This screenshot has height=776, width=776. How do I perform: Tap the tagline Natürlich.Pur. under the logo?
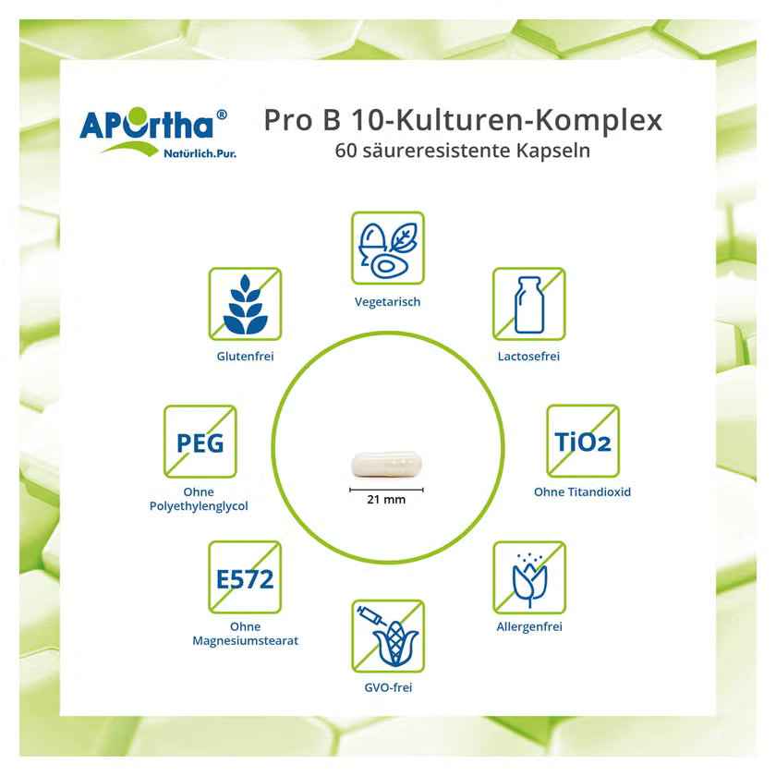(x=200, y=153)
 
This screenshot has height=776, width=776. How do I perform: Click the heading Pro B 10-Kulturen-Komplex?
(x=463, y=120)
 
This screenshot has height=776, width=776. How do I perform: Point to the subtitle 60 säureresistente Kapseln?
(x=463, y=151)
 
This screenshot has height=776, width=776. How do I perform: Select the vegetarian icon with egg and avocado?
(x=388, y=248)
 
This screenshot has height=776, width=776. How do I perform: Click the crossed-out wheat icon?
(x=245, y=304)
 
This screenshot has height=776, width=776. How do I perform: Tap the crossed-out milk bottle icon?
(x=529, y=304)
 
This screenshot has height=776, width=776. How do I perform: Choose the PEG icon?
(x=200, y=442)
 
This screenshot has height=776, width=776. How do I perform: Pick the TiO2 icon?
(x=583, y=442)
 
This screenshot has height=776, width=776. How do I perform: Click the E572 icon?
(x=245, y=577)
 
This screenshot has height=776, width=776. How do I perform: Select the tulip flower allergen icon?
(x=529, y=577)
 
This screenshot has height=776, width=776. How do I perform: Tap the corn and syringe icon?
(x=388, y=637)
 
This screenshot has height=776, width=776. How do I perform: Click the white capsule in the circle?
(x=386, y=464)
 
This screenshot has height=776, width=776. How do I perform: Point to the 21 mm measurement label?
(x=386, y=500)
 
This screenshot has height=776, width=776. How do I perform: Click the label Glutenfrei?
(x=245, y=357)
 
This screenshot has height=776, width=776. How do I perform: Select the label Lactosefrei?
(x=528, y=357)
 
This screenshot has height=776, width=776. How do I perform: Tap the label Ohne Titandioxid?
(x=583, y=491)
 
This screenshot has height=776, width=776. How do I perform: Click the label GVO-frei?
(x=388, y=687)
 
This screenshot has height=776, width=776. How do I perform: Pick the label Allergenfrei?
(x=529, y=626)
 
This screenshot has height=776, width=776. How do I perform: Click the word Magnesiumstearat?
(x=246, y=641)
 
